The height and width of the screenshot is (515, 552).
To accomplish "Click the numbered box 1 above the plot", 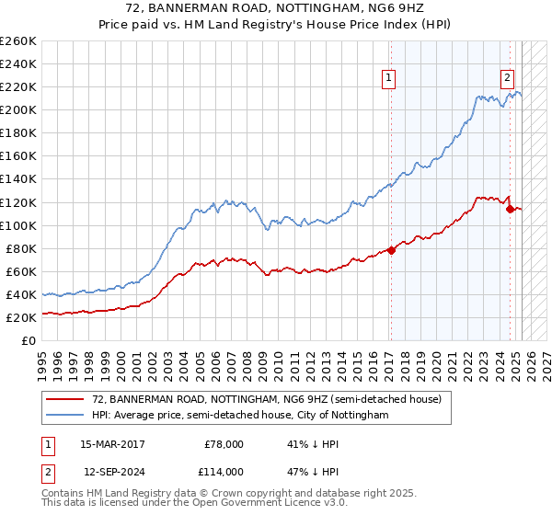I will pos(390,79).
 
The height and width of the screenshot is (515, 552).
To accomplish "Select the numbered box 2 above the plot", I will pos(507,79).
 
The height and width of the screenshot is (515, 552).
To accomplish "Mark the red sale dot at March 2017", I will pos(390,250).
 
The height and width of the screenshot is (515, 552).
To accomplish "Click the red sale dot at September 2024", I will pos(510,209).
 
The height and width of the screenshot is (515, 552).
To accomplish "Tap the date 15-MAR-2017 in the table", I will pos(112,444).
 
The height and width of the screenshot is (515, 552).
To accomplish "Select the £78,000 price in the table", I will pos(224,444).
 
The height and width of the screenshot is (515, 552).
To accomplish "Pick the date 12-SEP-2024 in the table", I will pos(112,471).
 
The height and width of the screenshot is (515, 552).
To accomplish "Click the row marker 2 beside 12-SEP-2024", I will pos(47,471).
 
